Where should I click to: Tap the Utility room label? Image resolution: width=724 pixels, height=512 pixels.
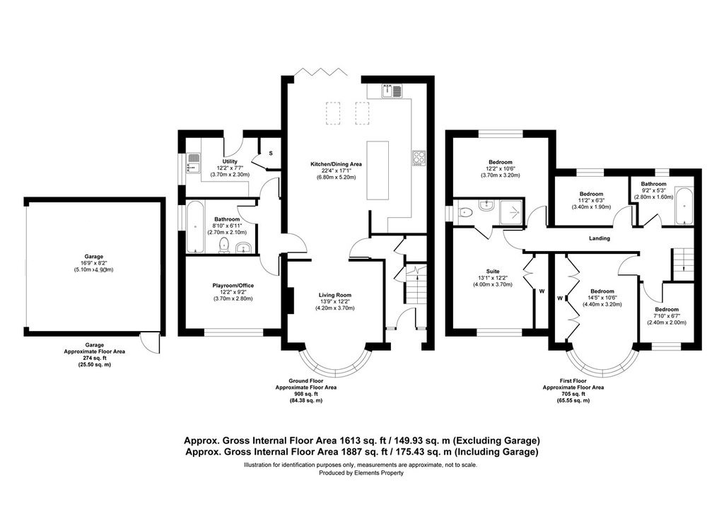230,161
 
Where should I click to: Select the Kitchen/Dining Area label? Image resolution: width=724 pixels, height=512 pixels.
336,164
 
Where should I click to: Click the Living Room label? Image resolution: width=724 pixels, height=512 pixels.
334,295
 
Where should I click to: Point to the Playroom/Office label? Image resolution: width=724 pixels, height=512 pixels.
233,285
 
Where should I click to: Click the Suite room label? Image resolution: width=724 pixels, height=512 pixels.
493,272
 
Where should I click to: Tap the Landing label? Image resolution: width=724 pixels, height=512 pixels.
600,238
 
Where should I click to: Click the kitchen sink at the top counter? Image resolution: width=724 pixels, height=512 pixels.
392,91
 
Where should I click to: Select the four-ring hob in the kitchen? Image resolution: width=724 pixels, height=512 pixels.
419,158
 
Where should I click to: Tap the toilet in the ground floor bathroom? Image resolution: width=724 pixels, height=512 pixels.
224,245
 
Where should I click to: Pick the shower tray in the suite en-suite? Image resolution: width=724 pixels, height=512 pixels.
510,212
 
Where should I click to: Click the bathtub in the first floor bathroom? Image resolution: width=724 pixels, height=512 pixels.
684,206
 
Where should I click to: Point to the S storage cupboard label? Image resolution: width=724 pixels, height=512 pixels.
271,153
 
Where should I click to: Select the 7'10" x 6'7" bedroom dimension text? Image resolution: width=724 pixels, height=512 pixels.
667,316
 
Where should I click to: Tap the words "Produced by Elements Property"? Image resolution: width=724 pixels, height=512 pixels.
361,473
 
